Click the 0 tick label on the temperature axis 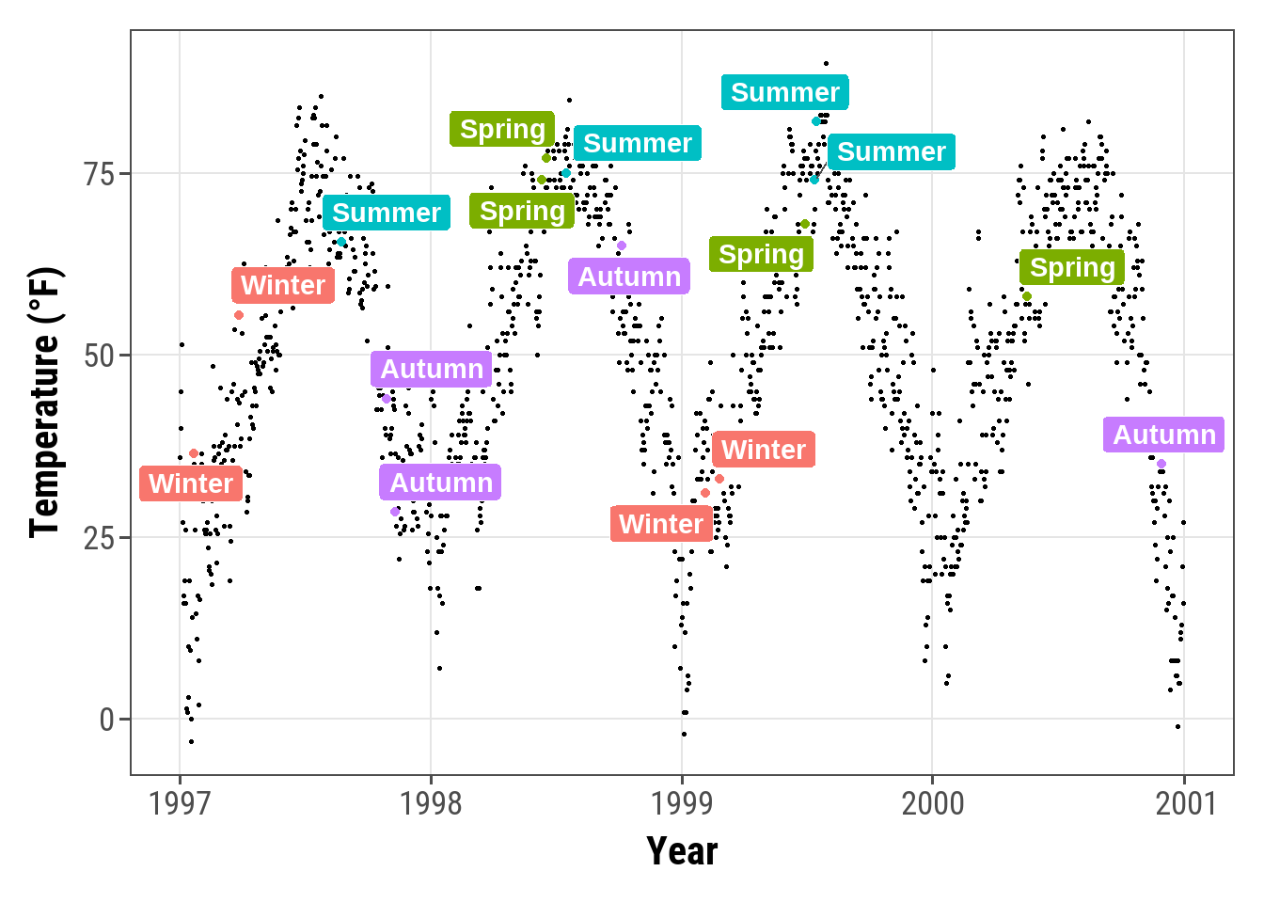107,720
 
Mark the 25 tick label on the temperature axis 100,538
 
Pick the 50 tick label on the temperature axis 100,356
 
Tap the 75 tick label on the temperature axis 100,175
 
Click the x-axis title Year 682,851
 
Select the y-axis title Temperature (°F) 45,403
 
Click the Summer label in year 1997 386,213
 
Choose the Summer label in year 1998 637,143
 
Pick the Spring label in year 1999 761,254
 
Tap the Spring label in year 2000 1072,267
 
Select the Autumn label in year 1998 628,277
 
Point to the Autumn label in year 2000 1163,435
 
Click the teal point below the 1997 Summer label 341,243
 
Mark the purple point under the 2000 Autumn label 1161,464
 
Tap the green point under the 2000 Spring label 1027,296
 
